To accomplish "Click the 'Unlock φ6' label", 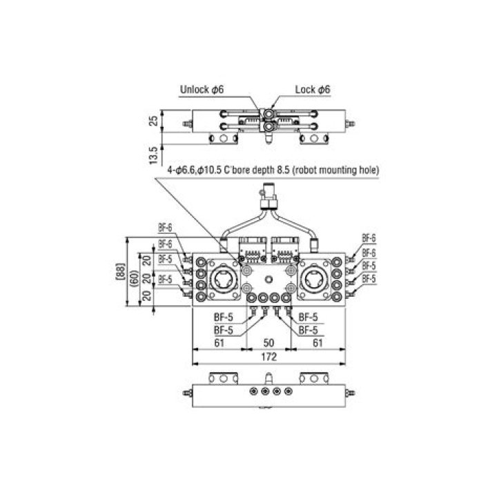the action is click(x=202, y=89).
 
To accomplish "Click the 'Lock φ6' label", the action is click(x=313, y=89).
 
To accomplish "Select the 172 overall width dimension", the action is click(x=269, y=357).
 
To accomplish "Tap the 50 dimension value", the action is click(x=269, y=342).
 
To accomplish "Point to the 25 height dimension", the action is click(x=154, y=120).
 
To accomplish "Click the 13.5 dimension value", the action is click(x=154, y=155).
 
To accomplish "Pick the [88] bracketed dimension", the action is click(x=120, y=271).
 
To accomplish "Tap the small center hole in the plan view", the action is click(x=269, y=280).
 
